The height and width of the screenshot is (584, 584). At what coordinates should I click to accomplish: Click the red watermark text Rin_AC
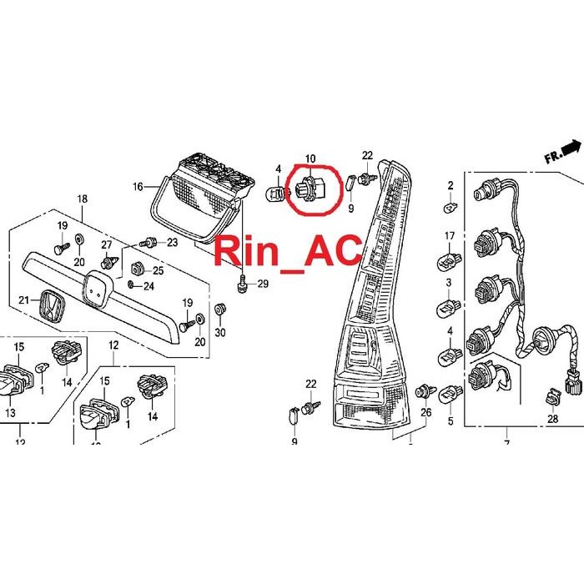click(289, 249)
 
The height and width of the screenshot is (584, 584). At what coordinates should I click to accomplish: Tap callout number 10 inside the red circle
click(310, 159)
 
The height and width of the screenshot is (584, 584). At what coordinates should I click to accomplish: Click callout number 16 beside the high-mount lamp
click(138, 187)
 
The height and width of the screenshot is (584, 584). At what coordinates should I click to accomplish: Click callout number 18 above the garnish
click(82, 199)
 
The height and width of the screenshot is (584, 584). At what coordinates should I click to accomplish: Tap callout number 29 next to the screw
click(262, 284)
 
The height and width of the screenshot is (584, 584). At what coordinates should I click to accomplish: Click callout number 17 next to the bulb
click(449, 236)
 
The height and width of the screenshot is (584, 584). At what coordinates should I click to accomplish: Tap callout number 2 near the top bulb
click(451, 185)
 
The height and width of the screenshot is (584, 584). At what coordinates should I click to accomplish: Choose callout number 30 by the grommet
click(220, 333)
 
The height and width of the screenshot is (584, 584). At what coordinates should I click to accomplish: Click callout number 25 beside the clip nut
click(159, 270)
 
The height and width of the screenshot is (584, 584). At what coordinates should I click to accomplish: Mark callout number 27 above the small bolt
click(107, 244)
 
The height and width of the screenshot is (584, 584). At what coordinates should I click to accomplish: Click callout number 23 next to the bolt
click(173, 243)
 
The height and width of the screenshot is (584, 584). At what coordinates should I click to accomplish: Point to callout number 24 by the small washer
click(149, 286)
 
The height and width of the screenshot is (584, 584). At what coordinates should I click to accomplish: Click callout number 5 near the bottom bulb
click(450, 422)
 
